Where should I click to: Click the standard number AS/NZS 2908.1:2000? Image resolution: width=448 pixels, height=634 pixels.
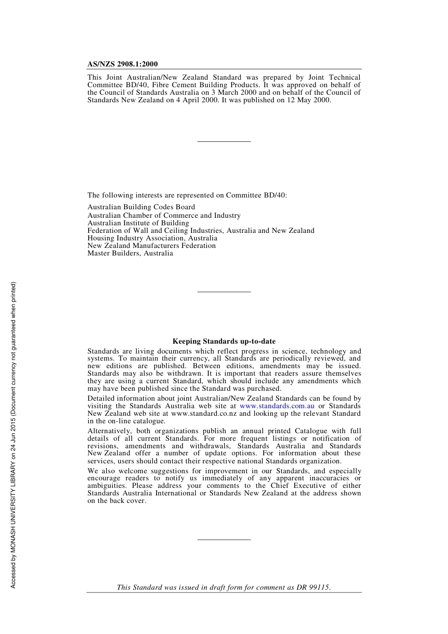click(123, 64)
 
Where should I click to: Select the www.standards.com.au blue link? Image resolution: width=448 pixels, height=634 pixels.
click(277, 406)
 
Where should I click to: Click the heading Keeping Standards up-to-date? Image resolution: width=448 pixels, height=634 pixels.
click(224, 341)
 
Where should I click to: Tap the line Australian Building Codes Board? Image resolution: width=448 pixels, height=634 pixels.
click(141, 207)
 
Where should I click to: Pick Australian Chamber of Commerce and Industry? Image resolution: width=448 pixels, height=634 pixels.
click(164, 215)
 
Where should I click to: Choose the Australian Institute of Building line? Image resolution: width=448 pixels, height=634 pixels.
click(138, 223)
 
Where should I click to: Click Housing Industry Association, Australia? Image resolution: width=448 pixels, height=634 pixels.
click(152, 238)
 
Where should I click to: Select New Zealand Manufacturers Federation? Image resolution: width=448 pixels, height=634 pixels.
click(151, 246)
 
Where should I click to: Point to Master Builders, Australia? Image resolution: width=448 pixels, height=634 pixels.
click(130, 253)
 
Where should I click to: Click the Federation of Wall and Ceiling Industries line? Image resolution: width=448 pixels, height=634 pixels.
click(200, 231)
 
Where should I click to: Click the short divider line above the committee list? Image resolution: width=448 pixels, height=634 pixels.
click(224, 141)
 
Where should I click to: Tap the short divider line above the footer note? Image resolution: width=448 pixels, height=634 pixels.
click(224, 540)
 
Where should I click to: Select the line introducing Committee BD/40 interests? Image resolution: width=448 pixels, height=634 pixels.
click(187, 195)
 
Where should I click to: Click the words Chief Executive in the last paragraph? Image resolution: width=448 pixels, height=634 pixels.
click(298, 486)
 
